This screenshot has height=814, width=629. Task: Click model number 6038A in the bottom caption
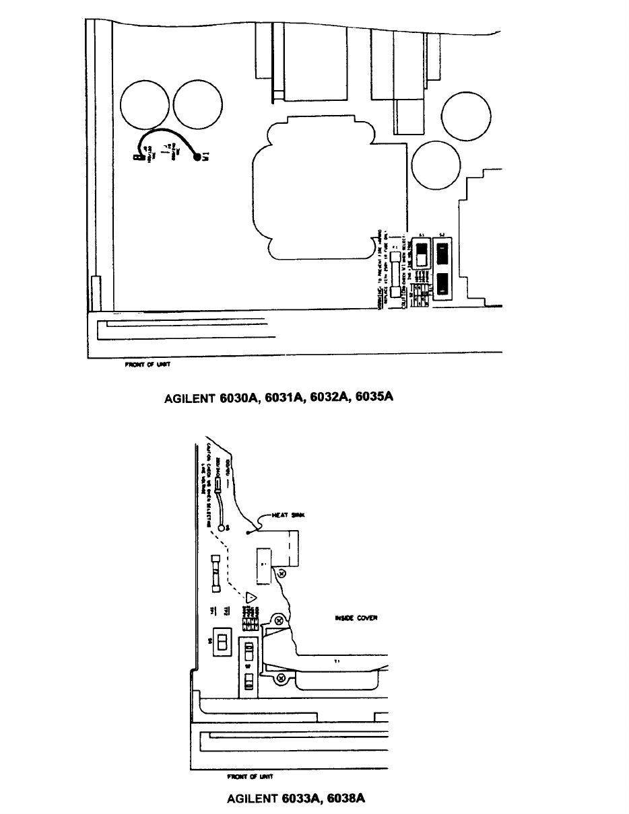click(x=345, y=799)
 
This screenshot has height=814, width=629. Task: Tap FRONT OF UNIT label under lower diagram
click(x=249, y=776)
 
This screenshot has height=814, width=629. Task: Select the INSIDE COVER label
click(x=356, y=618)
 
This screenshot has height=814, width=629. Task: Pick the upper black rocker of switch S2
click(x=442, y=255)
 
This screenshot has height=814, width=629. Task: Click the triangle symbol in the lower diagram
click(x=251, y=597)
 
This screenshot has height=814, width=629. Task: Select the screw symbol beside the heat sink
click(x=282, y=573)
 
